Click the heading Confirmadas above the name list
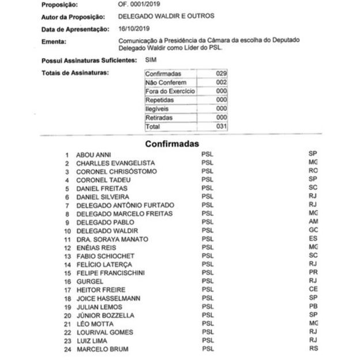pyautogui.click(x=171, y=143)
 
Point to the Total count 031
pyautogui.click(x=221, y=126)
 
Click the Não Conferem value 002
pyautogui.click(x=221, y=82)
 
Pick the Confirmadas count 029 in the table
pyautogui.click(x=221, y=74)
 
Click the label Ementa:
pyautogui.click(x=54, y=42)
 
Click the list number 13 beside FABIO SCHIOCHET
pyautogui.click(x=67, y=256)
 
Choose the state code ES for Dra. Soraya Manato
pyautogui.click(x=313, y=239)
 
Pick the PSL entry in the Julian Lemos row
pyautogui.click(x=208, y=307)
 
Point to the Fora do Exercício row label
pyautogui.click(x=170, y=91)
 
